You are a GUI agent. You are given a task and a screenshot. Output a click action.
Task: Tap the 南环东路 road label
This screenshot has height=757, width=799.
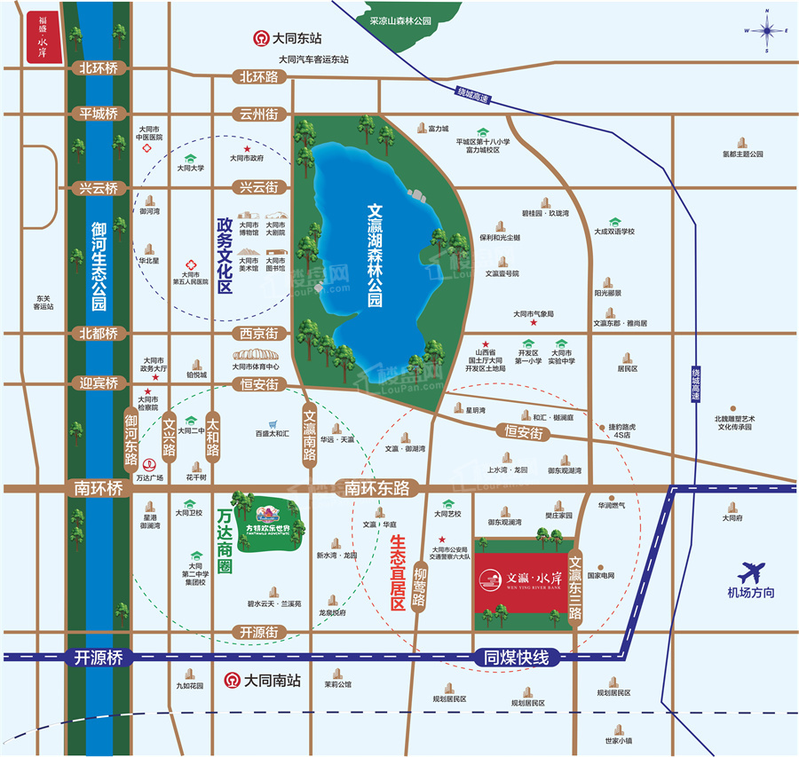(x=376, y=487)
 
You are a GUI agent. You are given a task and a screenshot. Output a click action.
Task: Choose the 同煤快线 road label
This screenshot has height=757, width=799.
(x=518, y=658)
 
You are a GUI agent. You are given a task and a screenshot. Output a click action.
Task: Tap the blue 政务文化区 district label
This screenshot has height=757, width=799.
(x=225, y=256)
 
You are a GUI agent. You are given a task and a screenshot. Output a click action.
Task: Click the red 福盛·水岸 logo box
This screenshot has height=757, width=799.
(x=43, y=37)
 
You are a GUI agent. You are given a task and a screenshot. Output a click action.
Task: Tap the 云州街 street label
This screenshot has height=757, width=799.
(x=258, y=114)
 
